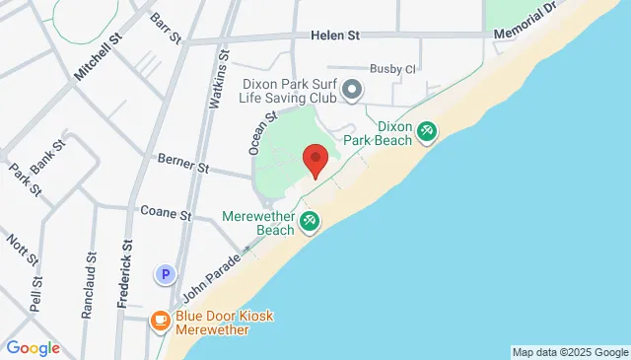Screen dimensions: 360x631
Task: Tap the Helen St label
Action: click(x=333, y=36)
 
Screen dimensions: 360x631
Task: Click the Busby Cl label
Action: click(x=393, y=69)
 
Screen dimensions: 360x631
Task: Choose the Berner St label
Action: click(x=183, y=163)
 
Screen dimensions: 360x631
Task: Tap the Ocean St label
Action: click(x=258, y=132)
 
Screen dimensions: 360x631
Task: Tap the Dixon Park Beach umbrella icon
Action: click(x=427, y=130)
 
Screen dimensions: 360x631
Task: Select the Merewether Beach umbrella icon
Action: click(x=310, y=223)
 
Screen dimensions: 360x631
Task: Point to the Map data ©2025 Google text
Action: click(x=569, y=352)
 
